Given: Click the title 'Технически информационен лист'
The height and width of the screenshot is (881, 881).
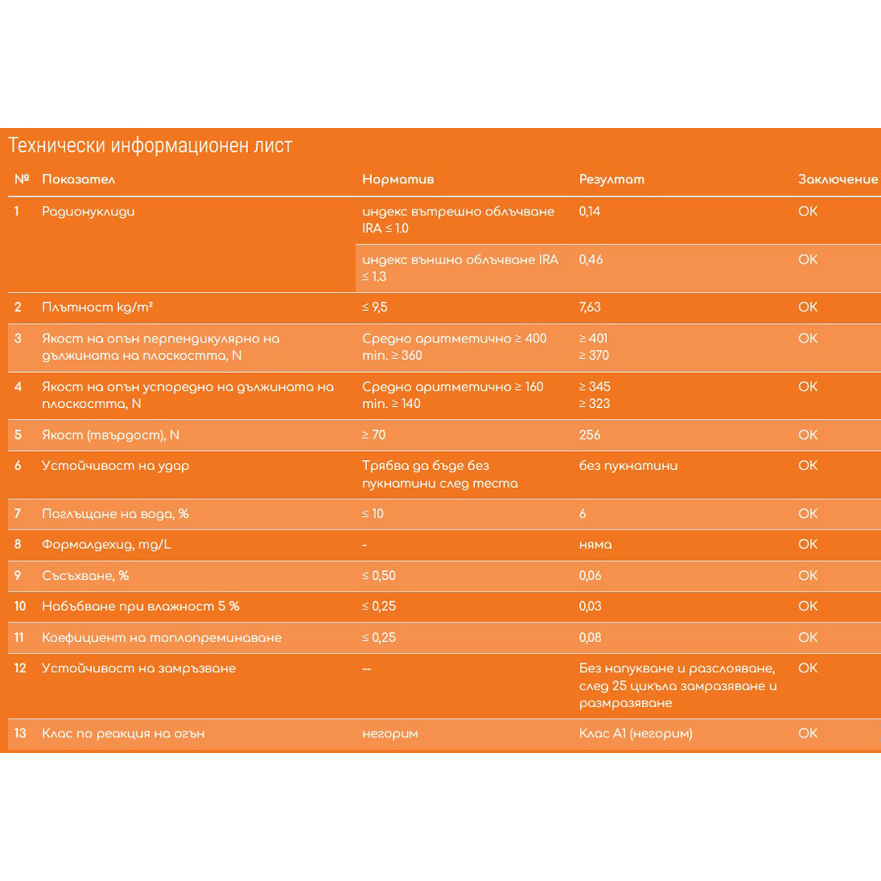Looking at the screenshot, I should [150, 146].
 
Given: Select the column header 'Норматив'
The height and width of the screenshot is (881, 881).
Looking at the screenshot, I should [398, 179].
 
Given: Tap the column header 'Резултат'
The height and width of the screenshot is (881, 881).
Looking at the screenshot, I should [612, 179].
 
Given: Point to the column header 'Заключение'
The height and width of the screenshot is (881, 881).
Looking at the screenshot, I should [838, 179].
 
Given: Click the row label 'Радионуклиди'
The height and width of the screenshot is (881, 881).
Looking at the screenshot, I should [88, 212].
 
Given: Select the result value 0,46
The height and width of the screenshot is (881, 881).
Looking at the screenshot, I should [590, 260].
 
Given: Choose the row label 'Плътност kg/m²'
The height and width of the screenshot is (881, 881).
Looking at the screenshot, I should [99, 308].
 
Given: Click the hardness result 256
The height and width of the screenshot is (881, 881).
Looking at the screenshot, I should [589, 435].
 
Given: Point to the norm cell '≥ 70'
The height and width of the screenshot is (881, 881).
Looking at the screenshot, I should [374, 435].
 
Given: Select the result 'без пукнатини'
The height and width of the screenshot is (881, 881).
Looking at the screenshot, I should [628, 466].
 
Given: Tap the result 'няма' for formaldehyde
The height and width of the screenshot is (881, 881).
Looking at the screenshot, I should [595, 544].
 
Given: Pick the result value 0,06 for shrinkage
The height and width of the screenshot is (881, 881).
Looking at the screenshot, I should [590, 575].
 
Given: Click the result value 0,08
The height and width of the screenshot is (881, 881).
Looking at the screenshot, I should [590, 637].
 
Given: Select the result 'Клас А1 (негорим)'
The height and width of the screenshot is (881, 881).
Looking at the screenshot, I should [635, 733].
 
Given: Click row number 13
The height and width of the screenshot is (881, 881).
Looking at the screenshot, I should [20, 733].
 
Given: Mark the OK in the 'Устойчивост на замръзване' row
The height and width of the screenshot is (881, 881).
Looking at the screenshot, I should [808, 668].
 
